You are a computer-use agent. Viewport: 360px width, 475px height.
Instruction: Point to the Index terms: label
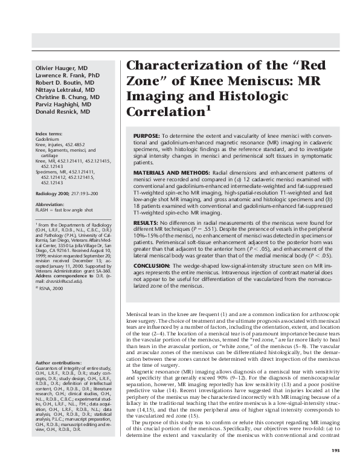pos(49,133)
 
